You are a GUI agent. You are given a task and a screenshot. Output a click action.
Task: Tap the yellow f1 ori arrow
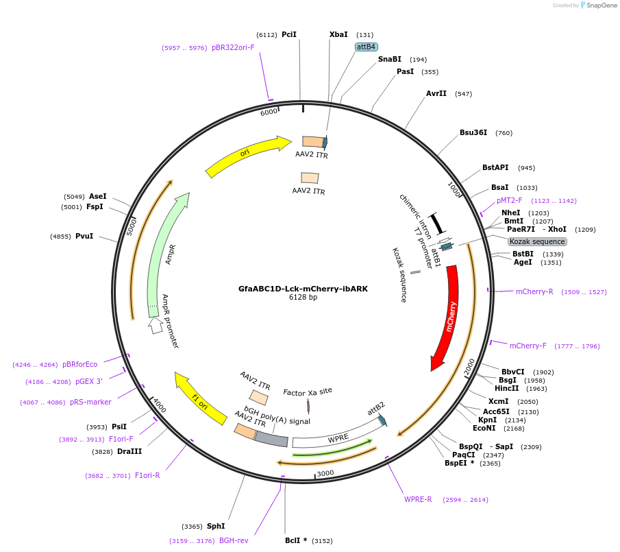199,398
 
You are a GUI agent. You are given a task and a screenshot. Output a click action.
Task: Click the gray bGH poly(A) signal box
271,440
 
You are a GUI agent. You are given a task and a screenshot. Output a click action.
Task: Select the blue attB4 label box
366,47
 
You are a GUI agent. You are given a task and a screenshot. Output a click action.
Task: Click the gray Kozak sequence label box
537,241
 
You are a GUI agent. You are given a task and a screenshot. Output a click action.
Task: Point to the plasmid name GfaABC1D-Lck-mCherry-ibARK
303,289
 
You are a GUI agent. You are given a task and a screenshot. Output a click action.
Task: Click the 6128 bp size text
303,298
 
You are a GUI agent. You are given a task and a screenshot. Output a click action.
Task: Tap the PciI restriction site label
289,34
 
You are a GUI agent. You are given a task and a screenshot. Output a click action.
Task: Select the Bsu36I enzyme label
473,133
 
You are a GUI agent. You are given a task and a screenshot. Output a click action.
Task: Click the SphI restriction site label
216,527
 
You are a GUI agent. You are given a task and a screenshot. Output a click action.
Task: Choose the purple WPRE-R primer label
418,499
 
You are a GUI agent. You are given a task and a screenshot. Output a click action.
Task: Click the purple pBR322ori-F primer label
233,48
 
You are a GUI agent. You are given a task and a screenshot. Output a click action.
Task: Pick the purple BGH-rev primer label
234,541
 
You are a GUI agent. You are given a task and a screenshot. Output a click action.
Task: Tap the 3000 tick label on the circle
325,473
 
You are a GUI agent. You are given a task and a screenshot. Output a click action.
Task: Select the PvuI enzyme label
84,237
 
